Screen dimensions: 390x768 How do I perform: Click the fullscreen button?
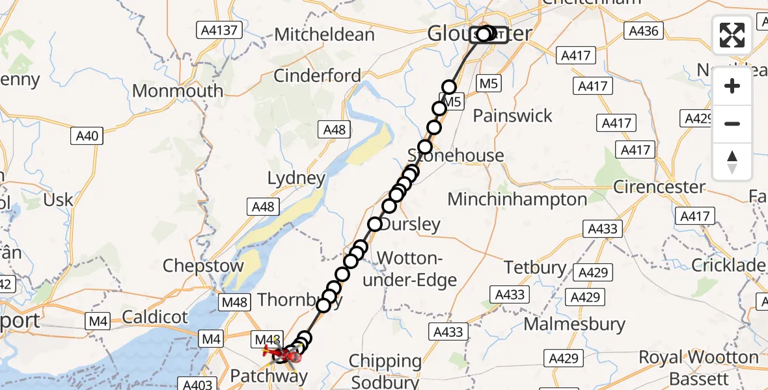(x=732, y=35)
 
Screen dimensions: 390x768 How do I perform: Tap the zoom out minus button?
(x=732, y=123)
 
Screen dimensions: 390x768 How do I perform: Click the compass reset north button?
(x=732, y=161)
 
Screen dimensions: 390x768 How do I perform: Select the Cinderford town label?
(x=317, y=75)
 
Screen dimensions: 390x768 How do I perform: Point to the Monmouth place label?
(x=178, y=90)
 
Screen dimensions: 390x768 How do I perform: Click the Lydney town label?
(x=296, y=178)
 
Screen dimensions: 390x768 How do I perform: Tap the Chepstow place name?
(x=203, y=265)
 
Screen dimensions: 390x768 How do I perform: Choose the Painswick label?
(x=512, y=116)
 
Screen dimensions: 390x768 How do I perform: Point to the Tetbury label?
(x=535, y=267)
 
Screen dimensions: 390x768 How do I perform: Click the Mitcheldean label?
(x=334, y=34)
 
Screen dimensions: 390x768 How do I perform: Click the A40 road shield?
(x=87, y=136)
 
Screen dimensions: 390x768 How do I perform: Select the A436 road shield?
(x=642, y=31)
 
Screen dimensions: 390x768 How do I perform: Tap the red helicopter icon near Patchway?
(x=277, y=353)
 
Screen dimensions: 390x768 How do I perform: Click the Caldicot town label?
(x=155, y=317)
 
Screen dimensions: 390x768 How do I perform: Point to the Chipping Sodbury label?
(x=385, y=369)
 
